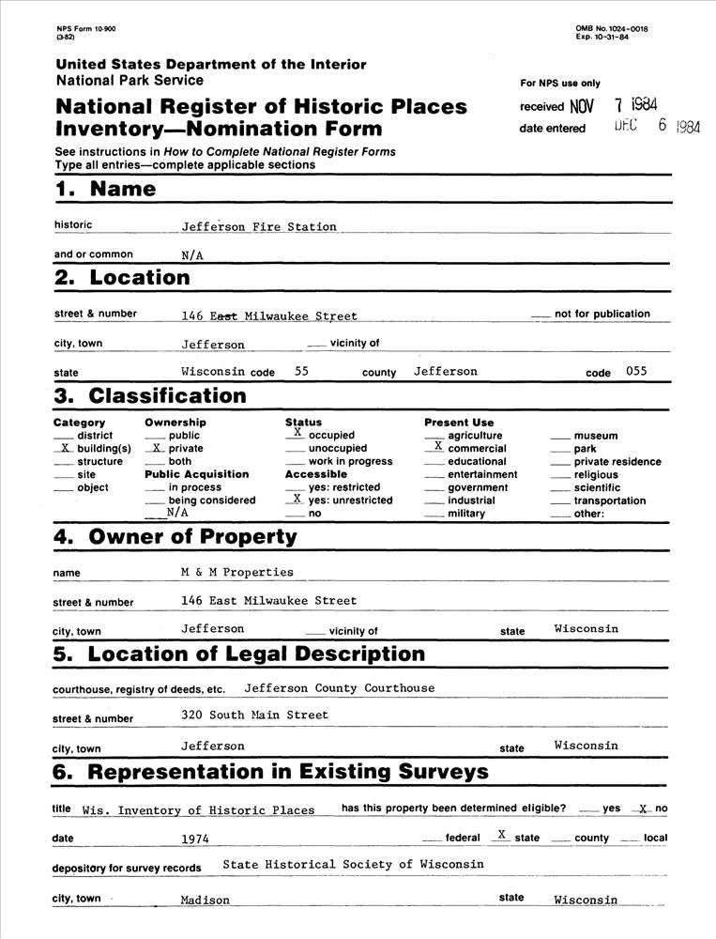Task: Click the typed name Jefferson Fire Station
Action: pyautogui.click(x=259, y=226)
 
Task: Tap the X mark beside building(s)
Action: pyautogui.click(x=65, y=449)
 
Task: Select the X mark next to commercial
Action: pyautogui.click(x=437, y=447)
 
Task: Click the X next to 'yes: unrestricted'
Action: pyautogui.click(x=297, y=500)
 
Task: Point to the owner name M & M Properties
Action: pyautogui.click(x=237, y=572)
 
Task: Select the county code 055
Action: pyautogui.click(x=636, y=372)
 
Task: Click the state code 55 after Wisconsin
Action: pyautogui.click(x=301, y=372)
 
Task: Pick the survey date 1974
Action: pyautogui.click(x=195, y=838)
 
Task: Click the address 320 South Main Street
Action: pyautogui.click(x=254, y=716)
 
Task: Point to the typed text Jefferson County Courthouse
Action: pyautogui.click(x=340, y=688)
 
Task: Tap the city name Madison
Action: pyautogui.click(x=206, y=900)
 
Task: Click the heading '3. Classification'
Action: pyautogui.click(x=150, y=395)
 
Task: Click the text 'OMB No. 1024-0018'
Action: pyautogui.click(x=611, y=29)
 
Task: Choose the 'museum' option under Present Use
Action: pyautogui.click(x=595, y=436)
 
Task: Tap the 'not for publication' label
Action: pyautogui.click(x=602, y=314)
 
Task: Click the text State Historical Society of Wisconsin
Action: pyautogui.click(x=354, y=864)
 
